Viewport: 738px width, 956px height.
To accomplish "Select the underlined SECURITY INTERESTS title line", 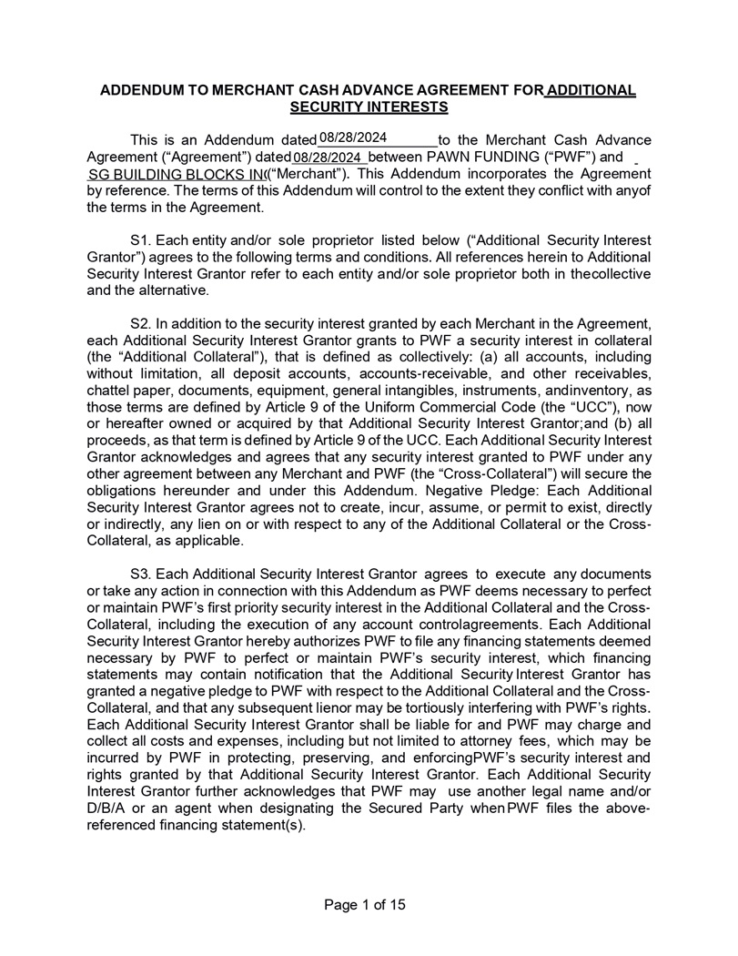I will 369,107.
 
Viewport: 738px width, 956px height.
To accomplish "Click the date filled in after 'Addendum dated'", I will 353,137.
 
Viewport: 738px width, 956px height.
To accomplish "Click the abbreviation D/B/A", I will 107,809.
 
